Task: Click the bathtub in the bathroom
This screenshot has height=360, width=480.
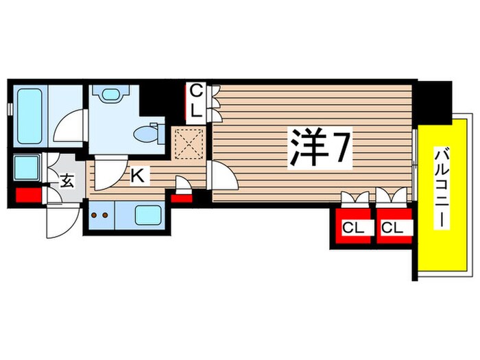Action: (x=32, y=115)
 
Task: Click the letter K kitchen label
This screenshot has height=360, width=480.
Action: (x=137, y=176)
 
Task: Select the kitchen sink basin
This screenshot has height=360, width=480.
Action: (x=147, y=217)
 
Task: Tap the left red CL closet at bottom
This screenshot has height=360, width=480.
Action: (x=353, y=226)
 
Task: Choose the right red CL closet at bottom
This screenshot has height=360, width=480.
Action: (x=393, y=226)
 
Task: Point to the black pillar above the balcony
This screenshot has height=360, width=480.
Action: (x=435, y=99)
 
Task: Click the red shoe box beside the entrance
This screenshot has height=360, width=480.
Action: (x=27, y=195)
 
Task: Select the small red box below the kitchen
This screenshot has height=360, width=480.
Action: (x=181, y=199)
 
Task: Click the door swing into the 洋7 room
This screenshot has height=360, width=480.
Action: (x=224, y=177)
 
